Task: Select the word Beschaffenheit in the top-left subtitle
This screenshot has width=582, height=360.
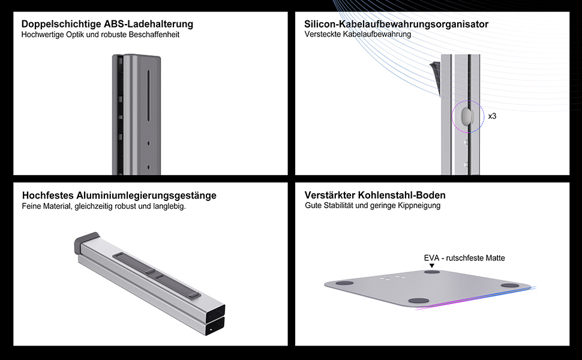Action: coord(154,35)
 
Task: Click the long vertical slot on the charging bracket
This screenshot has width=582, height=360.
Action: coord(148,95)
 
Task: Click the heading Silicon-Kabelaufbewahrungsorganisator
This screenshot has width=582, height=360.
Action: coord(396,24)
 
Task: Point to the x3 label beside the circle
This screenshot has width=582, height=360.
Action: coord(492,116)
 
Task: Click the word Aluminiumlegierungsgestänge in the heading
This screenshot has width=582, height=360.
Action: coord(146,196)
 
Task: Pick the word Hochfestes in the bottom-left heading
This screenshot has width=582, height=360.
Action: coord(48,195)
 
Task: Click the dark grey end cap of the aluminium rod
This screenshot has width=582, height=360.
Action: coord(86,242)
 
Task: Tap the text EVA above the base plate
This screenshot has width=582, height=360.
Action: coord(431,258)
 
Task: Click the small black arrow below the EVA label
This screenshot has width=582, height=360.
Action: coord(431,265)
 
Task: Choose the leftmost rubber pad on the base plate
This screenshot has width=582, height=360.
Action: coord(344,283)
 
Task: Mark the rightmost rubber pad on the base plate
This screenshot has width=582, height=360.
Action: coord(510,286)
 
